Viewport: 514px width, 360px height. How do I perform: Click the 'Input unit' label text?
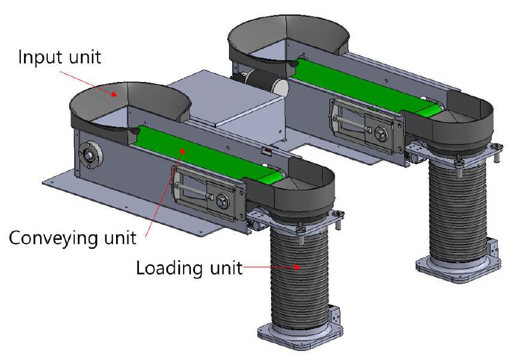click(x=59, y=57)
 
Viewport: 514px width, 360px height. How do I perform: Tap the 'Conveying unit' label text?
click(x=72, y=238)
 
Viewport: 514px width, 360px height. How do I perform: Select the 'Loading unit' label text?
click(x=189, y=269)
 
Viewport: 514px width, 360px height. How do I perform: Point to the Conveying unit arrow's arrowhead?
click(x=183, y=151)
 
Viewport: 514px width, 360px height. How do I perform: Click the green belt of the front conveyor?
click(x=210, y=153)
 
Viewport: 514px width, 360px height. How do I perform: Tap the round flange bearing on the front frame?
click(x=90, y=154)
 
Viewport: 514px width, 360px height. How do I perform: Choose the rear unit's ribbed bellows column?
click(x=458, y=213)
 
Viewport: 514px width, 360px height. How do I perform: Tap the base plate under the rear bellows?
click(x=458, y=267)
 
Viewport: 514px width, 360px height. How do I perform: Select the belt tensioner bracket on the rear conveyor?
click(x=366, y=126)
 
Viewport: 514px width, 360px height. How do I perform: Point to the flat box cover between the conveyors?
click(x=226, y=98)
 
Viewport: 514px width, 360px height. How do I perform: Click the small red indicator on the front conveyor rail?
click(x=266, y=151)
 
